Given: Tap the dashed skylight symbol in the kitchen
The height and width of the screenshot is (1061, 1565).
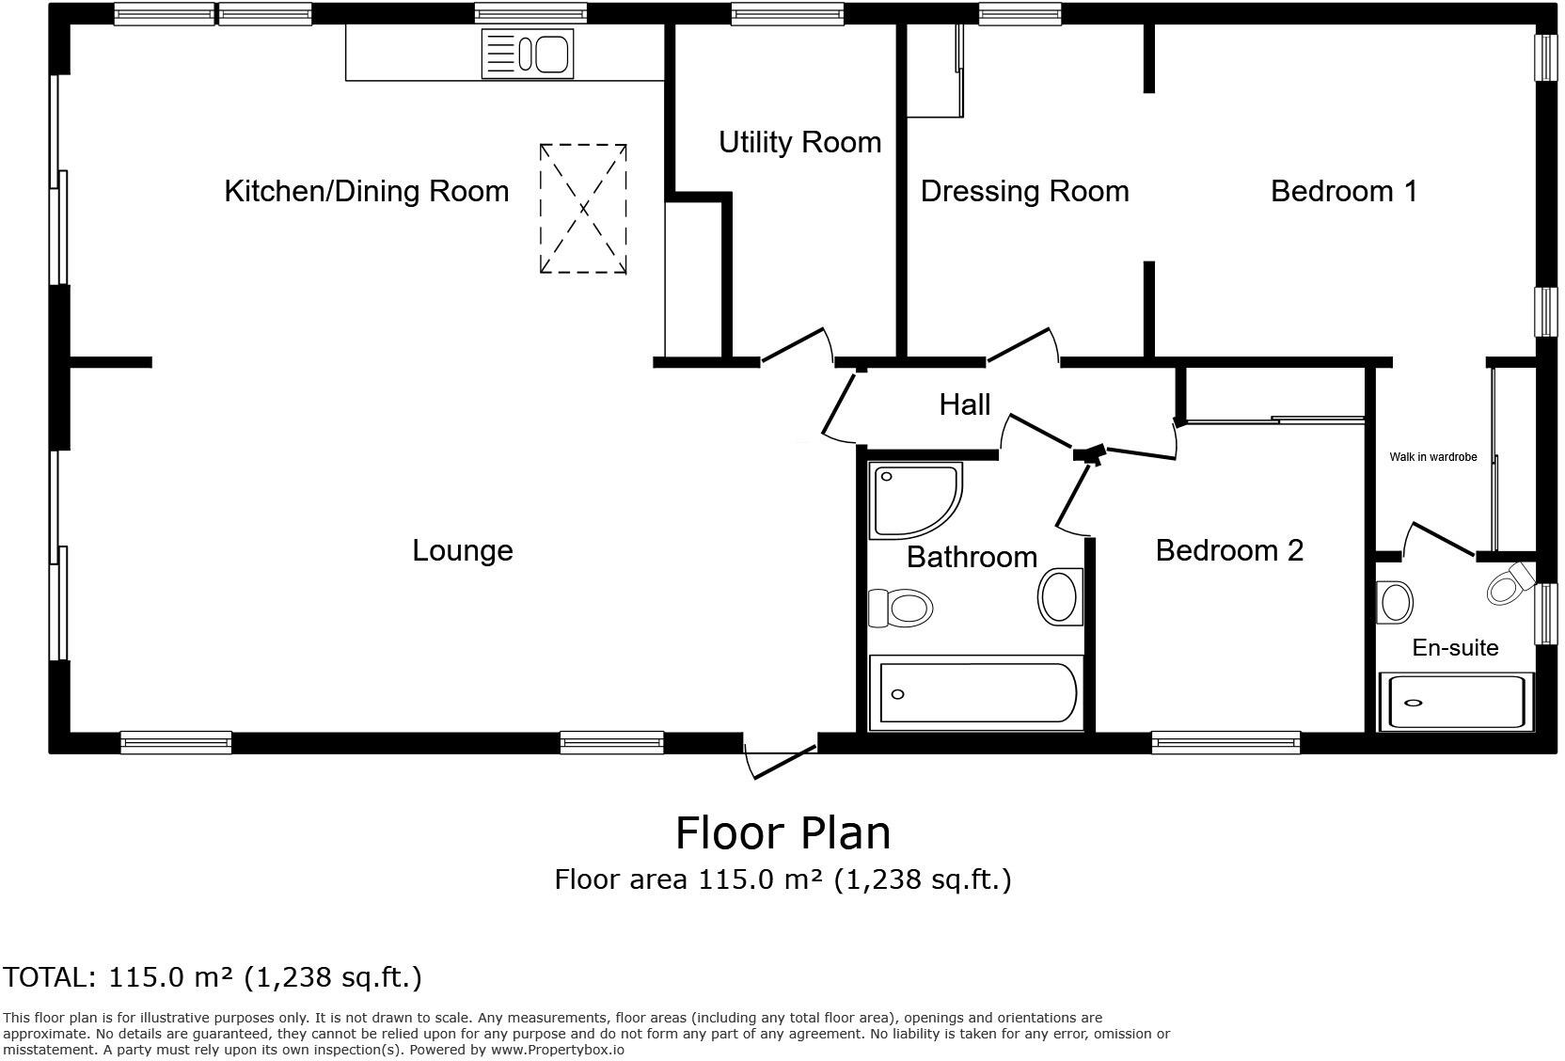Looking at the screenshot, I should click(x=583, y=209).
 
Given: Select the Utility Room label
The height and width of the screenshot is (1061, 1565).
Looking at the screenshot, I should click(x=799, y=143).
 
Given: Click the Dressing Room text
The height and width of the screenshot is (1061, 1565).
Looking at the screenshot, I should click(x=1024, y=192).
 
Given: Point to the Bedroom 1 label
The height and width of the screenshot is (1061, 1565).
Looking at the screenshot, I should click(x=1343, y=192).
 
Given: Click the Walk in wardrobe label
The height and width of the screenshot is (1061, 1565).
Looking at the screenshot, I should click(x=1432, y=457).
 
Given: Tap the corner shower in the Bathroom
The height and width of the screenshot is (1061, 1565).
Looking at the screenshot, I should click(x=912, y=499).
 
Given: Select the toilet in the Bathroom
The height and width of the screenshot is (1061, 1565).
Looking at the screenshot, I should click(x=900, y=608).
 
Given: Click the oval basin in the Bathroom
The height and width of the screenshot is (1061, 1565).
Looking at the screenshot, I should click(x=1060, y=595).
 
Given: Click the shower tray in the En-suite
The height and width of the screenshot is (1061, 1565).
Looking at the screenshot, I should click(x=1455, y=702).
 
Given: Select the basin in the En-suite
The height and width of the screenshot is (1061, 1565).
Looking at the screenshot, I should click(x=1394, y=602).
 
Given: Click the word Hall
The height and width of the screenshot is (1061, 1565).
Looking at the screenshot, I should click(x=964, y=405).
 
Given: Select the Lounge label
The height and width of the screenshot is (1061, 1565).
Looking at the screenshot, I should click(x=462, y=551).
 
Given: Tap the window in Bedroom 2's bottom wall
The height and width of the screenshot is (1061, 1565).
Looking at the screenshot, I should click(x=1225, y=743).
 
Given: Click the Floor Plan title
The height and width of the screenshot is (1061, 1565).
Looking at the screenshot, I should click(x=782, y=833).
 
